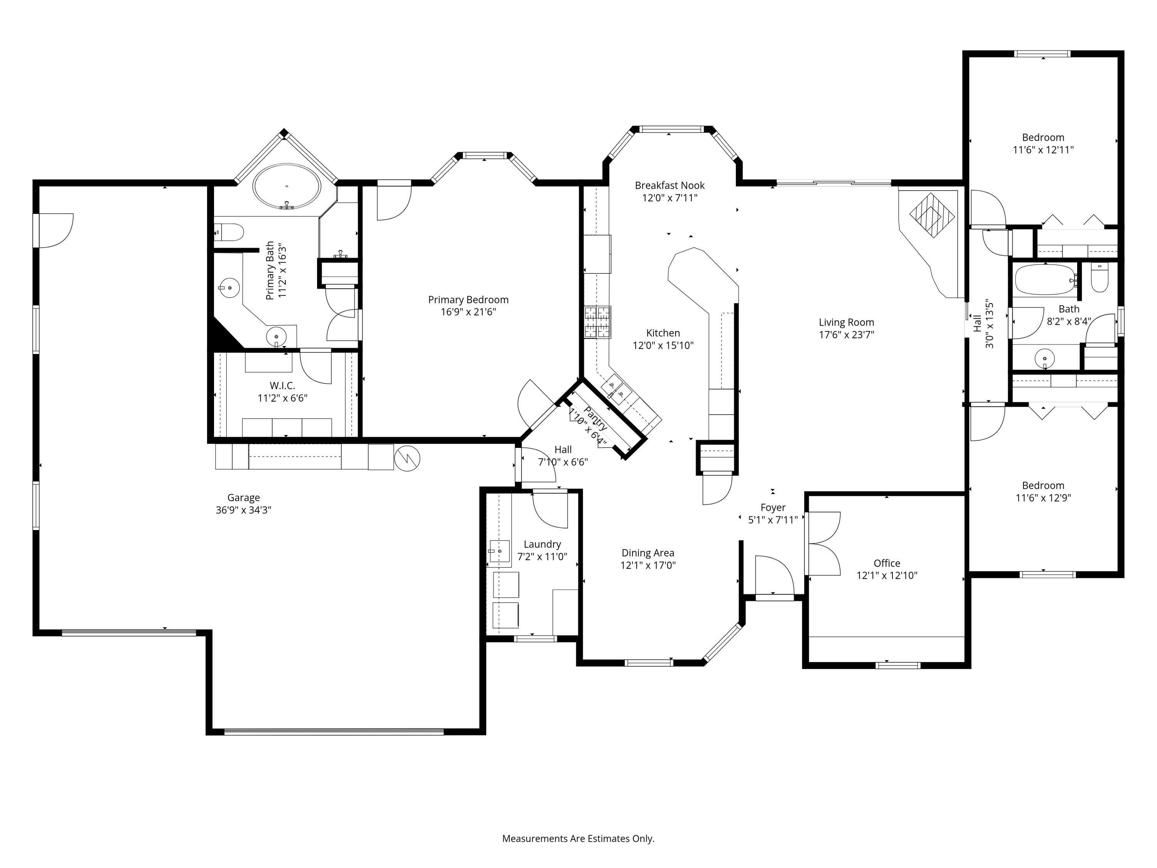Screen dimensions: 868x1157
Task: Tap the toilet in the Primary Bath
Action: coord(230,231)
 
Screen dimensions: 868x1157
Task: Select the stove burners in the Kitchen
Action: coord(597,322)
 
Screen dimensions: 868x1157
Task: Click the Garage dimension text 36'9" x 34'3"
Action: coord(243,510)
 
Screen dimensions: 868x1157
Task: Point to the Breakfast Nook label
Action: coord(670,186)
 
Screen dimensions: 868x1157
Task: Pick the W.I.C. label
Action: coord(282,386)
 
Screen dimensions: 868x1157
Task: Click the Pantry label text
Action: coord(595,419)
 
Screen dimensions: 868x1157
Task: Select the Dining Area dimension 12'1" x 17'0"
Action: coord(648,565)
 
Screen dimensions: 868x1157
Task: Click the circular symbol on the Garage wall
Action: coord(407,458)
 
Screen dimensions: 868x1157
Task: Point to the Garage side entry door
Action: coord(54,230)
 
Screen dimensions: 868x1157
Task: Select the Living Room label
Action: coord(846,322)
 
